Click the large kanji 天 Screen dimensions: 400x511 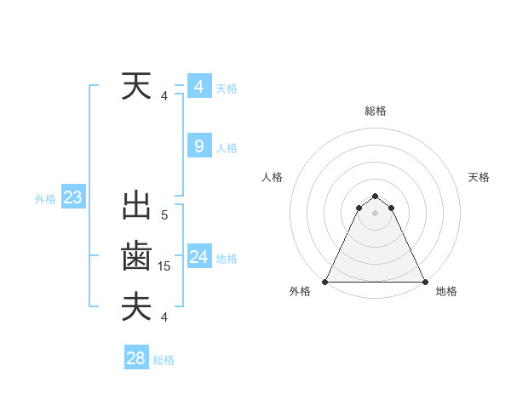137,88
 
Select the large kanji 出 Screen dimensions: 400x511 137,207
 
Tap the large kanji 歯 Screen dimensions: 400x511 137,256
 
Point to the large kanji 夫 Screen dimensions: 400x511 137,306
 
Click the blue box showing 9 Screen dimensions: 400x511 198,146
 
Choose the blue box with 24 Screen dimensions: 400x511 198,257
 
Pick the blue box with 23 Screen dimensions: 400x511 72,198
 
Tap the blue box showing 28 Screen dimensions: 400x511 135,358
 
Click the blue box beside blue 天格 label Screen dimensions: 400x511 198,87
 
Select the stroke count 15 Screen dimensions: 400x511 164,266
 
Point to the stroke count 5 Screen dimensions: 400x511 164,216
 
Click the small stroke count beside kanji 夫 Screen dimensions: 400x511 164,317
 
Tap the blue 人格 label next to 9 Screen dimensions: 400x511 227,148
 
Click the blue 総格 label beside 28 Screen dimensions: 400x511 164,360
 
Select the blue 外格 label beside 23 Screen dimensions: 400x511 45,199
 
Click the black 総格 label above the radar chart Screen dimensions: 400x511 375,111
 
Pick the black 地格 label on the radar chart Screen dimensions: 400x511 446,291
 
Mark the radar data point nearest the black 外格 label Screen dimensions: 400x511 325,282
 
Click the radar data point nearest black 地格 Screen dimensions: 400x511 424,282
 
